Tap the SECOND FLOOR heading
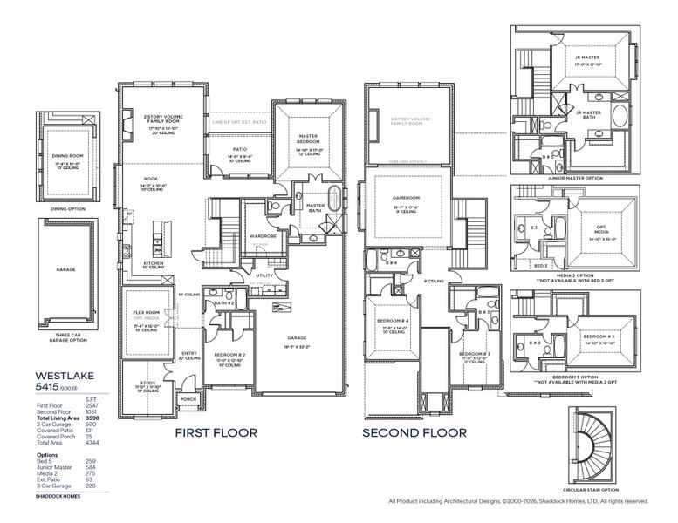[414, 432]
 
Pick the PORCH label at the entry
[188, 400]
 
